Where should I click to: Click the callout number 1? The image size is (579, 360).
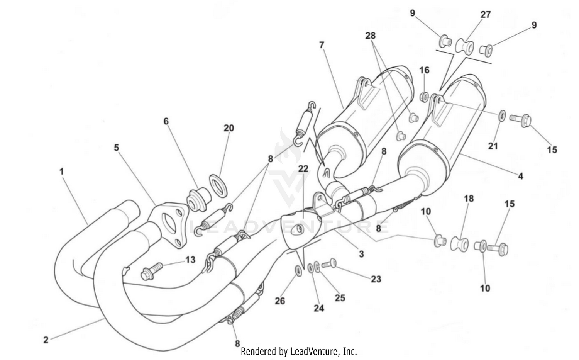coord(61,171)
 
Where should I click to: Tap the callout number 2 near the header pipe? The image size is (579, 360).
coord(46,340)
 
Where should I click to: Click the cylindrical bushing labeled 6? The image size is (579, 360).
coord(198,198)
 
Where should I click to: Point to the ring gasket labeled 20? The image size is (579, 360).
coord(218,185)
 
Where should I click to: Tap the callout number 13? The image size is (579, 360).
coord(190,260)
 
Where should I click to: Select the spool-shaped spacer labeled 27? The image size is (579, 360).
coord(465,45)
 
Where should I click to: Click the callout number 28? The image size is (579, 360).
coord(370,36)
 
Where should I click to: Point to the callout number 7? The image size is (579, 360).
coord(322,45)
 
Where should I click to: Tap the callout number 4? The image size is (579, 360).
coord(520,176)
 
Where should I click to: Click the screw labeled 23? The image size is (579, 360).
coord(328,264)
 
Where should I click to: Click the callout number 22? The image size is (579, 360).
coord(303,169)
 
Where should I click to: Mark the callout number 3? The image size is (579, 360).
coord(361,254)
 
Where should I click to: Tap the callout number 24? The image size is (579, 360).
coord(319,308)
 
